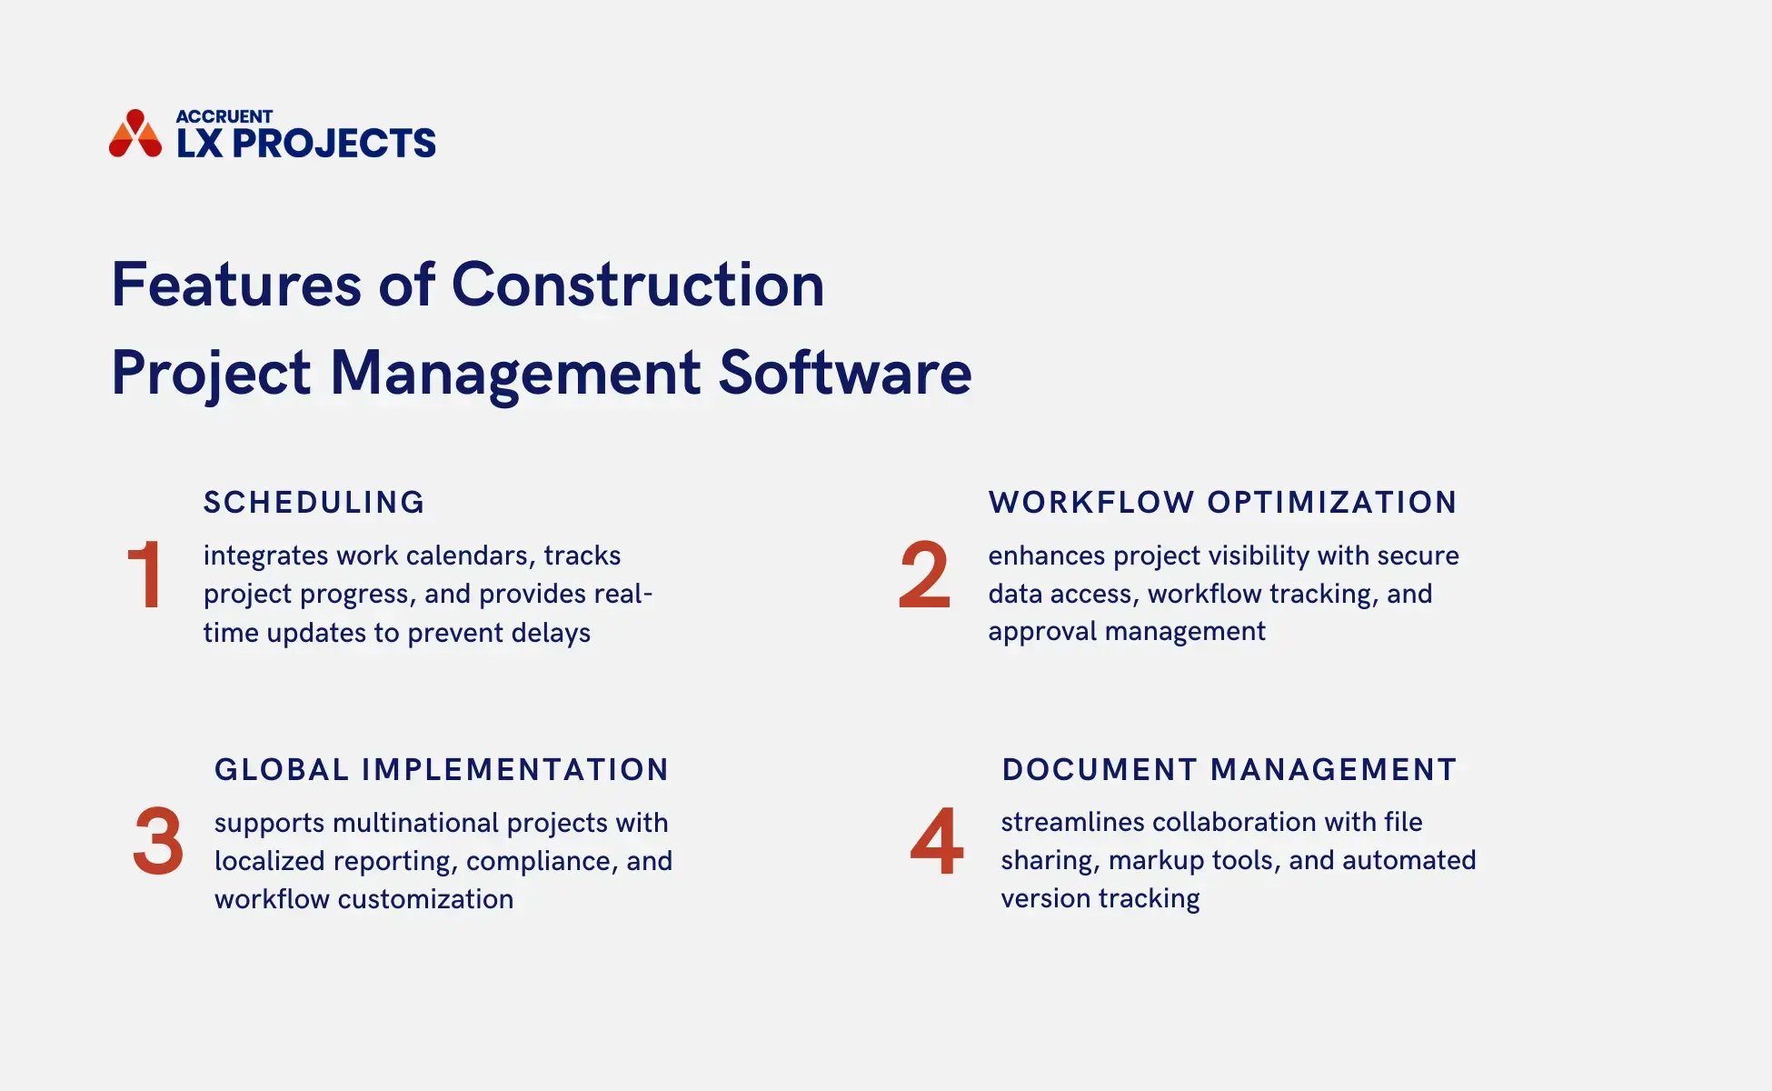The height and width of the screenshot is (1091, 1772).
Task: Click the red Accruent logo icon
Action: click(134, 135)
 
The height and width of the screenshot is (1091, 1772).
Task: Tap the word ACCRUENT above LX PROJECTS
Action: click(224, 116)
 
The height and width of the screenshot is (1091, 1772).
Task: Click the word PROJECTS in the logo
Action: click(334, 144)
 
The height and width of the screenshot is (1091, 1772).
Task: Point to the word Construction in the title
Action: click(638, 285)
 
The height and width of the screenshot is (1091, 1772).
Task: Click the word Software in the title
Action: click(845, 373)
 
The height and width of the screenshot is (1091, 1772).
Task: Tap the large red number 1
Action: click(145, 575)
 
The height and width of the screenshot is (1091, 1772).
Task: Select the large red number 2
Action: click(924, 575)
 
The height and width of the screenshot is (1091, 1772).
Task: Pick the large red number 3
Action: click(158, 842)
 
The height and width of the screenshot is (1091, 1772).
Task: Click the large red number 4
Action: click(936, 842)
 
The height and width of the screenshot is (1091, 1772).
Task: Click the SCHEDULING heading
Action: click(314, 503)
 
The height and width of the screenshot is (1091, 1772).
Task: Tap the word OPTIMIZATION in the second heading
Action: click(1332, 503)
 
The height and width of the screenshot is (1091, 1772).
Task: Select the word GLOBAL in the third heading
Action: click(282, 770)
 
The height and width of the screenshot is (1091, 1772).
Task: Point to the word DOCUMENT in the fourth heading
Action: click(1100, 770)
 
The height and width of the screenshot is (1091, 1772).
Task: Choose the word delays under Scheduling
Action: click(551, 633)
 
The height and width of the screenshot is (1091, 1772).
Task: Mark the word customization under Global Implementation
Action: click(425, 899)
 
